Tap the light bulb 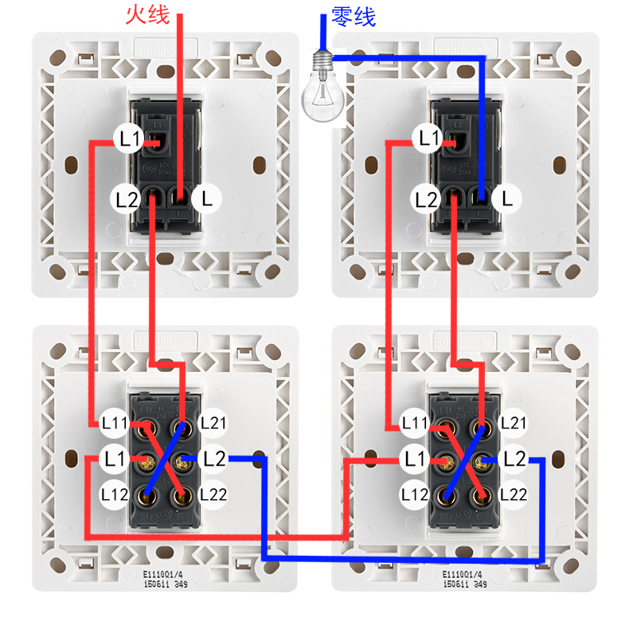(x=322, y=88)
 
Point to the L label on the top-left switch (x=207, y=199)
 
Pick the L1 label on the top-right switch (x=429, y=139)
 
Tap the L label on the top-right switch (x=507, y=199)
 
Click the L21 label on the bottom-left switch (x=213, y=423)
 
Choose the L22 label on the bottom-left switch (x=213, y=494)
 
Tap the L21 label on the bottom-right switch (x=514, y=423)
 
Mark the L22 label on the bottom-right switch (x=514, y=494)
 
